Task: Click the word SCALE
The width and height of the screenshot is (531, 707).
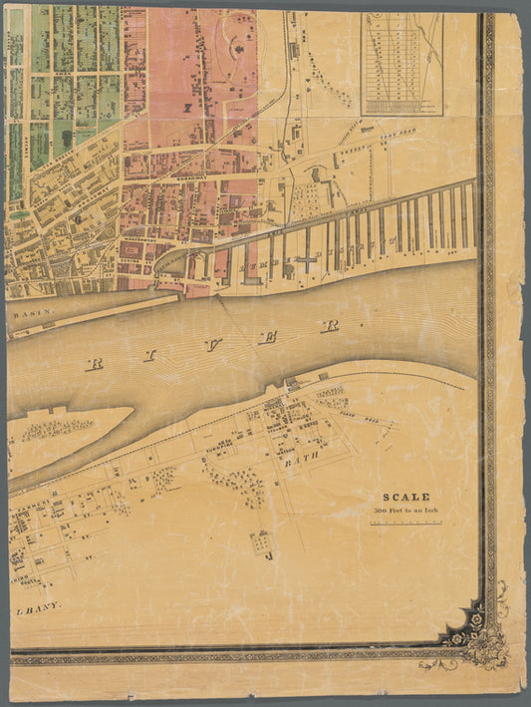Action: (406, 497)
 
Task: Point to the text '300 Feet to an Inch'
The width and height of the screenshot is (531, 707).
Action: (405, 511)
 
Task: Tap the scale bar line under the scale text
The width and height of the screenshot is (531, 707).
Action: (405, 522)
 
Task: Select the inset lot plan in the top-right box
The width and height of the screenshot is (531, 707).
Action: (402, 62)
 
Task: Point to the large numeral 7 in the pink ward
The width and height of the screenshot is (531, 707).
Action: (185, 106)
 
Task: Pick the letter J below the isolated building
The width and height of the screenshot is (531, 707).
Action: (269, 556)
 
